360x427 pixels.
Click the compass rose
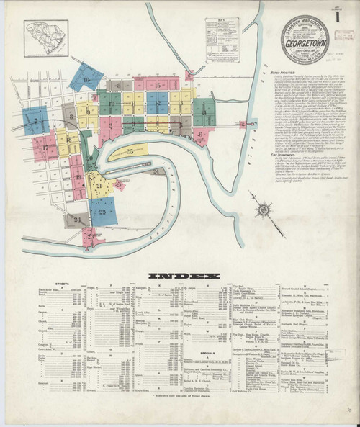tap(264, 209)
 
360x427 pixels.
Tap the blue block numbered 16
tap(86, 77)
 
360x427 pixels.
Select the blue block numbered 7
tap(35, 120)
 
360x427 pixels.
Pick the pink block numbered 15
tap(156, 86)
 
